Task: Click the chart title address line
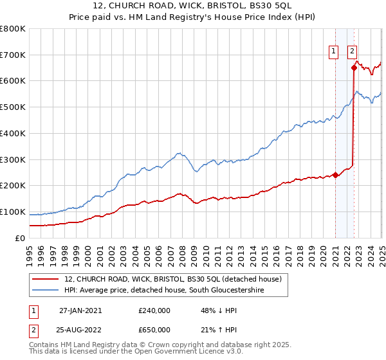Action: (x=192, y=6)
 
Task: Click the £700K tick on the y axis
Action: (x=13, y=55)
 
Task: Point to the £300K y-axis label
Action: (x=13, y=159)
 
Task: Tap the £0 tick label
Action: (x=19, y=238)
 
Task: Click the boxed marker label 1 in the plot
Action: (x=335, y=53)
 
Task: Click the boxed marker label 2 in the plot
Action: (x=353, y=53)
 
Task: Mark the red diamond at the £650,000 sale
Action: (x=354, y=67)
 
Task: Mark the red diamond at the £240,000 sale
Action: (x=335, y=175)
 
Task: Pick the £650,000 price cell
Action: (x=154, y=330)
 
